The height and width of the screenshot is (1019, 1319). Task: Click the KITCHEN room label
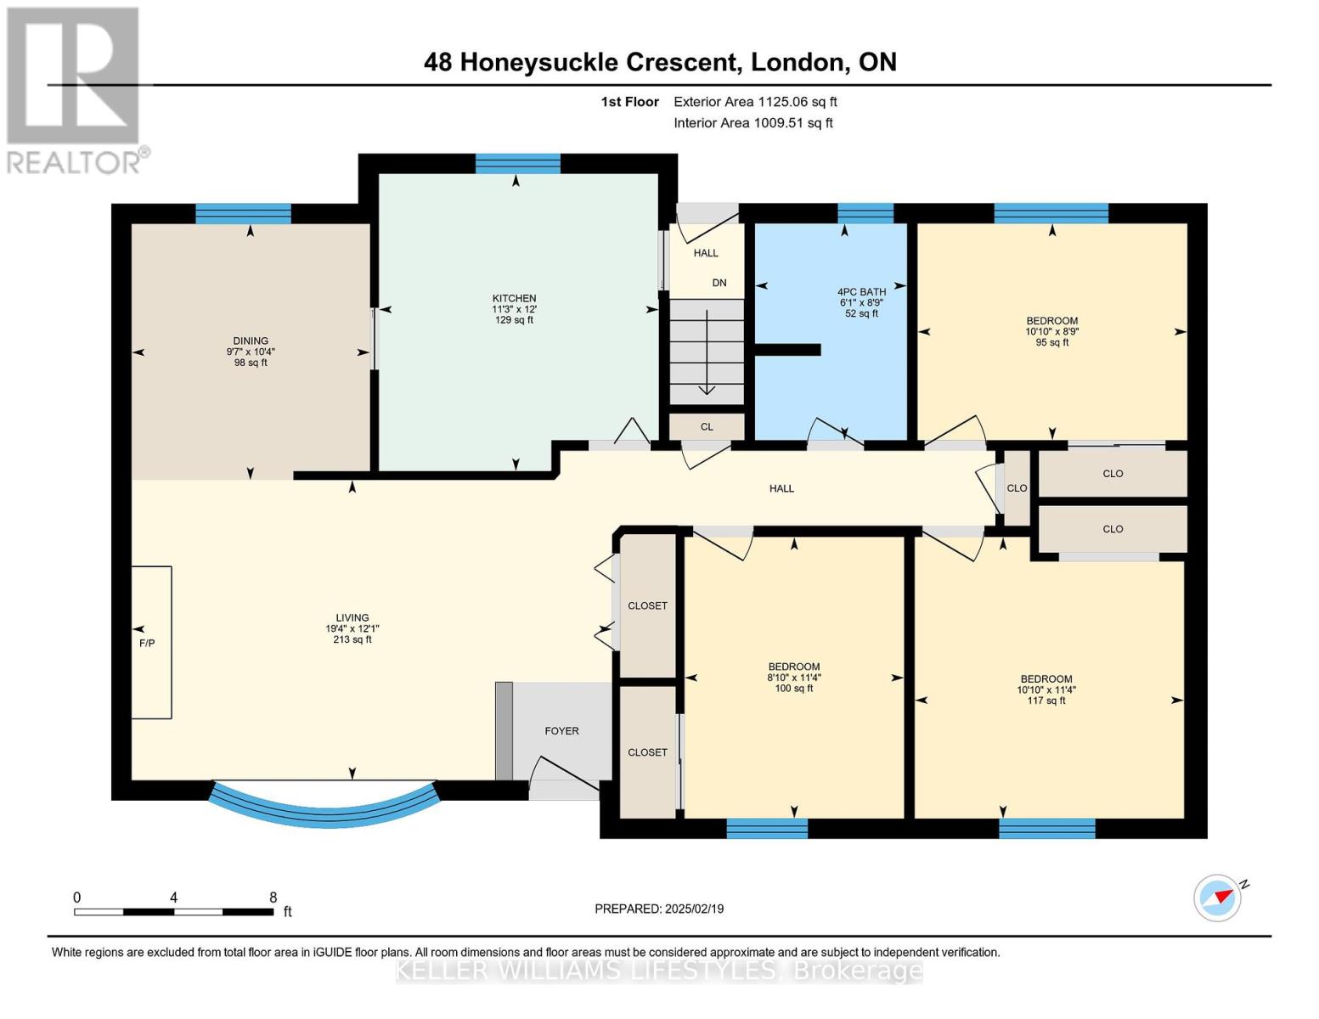(514, 298)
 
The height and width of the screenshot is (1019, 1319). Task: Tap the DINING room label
(250, 341)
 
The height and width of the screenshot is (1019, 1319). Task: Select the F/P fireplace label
(147, 644)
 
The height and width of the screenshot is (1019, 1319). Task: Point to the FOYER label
(561, 731)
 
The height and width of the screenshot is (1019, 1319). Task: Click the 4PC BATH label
(861, 292)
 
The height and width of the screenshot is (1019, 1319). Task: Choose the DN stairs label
(719, 283)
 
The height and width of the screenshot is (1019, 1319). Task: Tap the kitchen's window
(517, 164)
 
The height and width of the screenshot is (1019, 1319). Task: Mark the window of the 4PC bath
(865, 214)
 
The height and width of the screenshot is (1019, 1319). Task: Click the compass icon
(1217, 898)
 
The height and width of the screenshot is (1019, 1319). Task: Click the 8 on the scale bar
(273, 897)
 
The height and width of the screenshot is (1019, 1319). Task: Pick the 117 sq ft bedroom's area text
(1046, 701)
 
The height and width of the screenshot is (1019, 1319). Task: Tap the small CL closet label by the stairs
(707, 426)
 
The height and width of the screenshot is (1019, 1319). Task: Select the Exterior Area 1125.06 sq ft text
(755, 102)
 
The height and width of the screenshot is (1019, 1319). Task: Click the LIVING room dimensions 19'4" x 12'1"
(352, 628)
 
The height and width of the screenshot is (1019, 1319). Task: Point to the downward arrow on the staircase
(707, 352)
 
